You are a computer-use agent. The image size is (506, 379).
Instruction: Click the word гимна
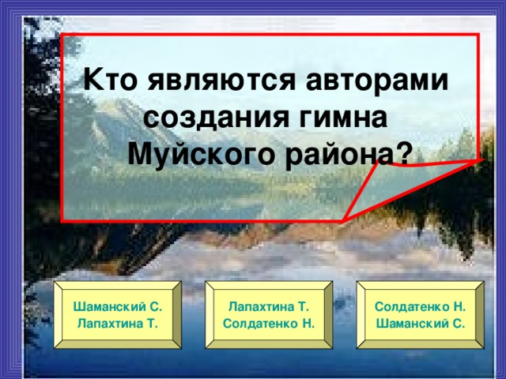point(338,116)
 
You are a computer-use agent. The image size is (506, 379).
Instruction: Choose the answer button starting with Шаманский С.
point(118,314)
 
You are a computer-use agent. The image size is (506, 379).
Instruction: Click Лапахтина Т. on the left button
point(117,324)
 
